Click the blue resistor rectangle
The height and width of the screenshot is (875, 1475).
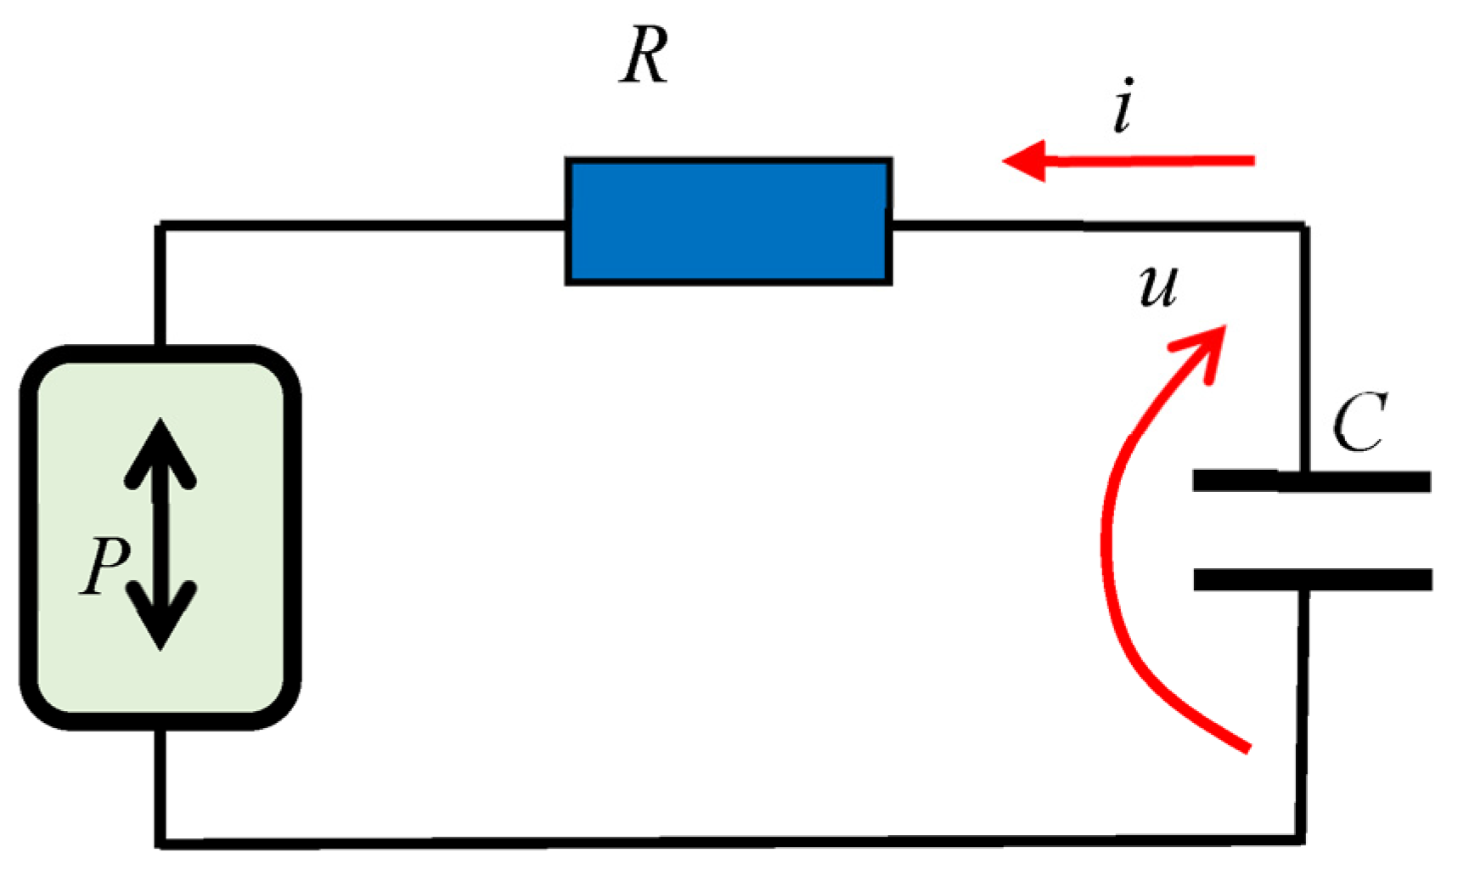click(x=729, y=221)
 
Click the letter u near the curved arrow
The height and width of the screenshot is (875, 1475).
click(x=1158, y=286)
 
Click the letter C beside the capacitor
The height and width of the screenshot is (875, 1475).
click(x=1360, y=422)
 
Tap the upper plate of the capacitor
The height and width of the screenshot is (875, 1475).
click(x=1312, y=482)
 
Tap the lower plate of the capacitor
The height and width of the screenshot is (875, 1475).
click(x=1312, y=579)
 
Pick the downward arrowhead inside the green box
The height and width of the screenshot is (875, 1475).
click(x=160, y=620)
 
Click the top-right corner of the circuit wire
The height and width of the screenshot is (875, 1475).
click(x=1304, y=227)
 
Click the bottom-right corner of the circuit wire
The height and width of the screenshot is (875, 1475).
click(x=1303, y=840)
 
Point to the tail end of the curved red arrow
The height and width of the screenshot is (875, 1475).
click(x=1247, y=748)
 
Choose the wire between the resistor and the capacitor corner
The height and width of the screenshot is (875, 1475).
click(x=1095, y=226)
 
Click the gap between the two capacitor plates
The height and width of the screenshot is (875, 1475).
click(x=1312, y=531)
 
